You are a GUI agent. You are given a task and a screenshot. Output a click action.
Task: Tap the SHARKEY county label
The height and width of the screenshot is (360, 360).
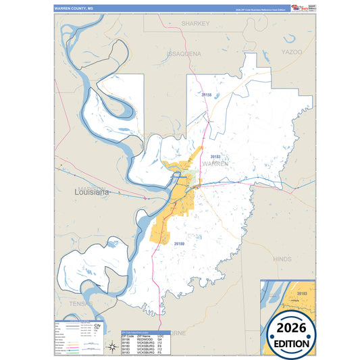pyautogui.click(x=196, y=23)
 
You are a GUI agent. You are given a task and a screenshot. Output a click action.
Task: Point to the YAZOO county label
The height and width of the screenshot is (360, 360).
pyautogui.click(x=292, y=51)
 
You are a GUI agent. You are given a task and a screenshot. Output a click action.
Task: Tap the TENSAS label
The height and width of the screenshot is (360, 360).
pyautogui.click(x=80, y=304)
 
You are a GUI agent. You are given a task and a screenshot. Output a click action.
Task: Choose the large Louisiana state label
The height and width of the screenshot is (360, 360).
pyautogui.click(x=91, y=192)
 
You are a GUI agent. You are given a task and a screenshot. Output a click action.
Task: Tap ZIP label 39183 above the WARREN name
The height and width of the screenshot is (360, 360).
pyautogui.click(x=215, y=155)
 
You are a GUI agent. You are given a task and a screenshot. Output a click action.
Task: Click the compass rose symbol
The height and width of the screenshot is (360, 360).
pyautogui.click(x=111, y=348)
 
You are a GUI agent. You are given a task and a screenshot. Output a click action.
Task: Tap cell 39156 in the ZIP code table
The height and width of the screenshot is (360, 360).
pyautogui.click(x=126, y=340)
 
